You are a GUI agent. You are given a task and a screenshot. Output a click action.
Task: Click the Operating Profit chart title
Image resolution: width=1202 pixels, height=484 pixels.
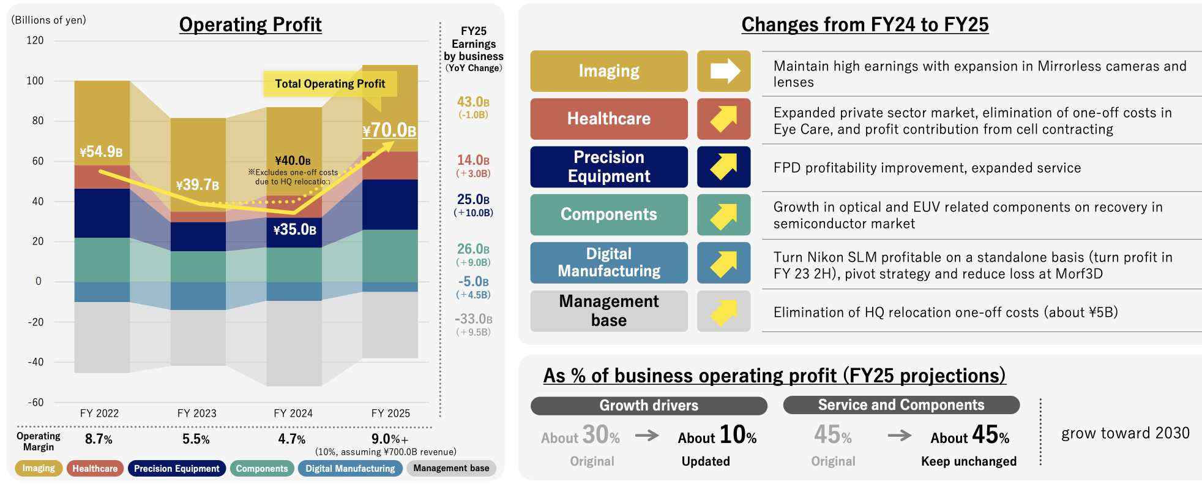click(x=250, y=25)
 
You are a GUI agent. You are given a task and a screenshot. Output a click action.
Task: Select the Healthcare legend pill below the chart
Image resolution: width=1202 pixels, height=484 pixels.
click(x=95, y=469)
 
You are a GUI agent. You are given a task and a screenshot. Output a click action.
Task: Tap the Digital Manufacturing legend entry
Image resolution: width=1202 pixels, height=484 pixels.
click(x=350, y=469)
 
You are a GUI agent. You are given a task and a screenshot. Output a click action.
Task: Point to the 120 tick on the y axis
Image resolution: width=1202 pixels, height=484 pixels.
click(x=35, y=40)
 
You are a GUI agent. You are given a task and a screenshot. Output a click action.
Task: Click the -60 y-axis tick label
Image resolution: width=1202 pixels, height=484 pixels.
click(x=35, y=403)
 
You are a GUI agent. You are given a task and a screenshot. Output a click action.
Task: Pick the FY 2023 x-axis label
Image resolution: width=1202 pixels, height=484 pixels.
click(x=196, y=414)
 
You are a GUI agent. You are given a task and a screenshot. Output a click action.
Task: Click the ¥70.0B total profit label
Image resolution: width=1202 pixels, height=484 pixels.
click(x=389, y=130)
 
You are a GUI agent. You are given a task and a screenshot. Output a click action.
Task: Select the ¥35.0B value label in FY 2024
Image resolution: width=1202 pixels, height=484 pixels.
click(x=294, y=230)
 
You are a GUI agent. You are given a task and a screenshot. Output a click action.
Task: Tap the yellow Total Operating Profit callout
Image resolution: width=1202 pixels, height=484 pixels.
click(x=330, y=84)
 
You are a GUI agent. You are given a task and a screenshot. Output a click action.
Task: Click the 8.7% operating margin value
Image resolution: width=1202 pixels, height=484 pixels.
click(x=99, y=439)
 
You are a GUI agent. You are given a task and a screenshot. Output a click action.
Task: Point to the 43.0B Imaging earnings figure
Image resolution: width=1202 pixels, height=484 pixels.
click(x=473, y=102)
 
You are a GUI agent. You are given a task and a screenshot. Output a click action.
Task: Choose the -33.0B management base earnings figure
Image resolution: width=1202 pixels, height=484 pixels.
click(x=473, y=319)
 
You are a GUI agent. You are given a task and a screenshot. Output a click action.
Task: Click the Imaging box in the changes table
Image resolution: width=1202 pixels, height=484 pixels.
click(x=609, y=71)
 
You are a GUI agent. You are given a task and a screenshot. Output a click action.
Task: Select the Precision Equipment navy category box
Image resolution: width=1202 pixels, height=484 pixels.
click(x=609, y=167)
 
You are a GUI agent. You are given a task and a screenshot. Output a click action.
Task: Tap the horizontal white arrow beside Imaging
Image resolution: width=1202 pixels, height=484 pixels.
click(x=723, y=71)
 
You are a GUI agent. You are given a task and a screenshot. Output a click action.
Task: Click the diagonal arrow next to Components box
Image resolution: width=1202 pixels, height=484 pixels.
click(x=723, y=215)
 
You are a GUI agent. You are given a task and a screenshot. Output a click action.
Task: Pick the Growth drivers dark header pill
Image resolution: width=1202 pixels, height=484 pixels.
click(x=649, y=406)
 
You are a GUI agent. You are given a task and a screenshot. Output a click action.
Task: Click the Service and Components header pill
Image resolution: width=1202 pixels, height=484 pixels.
click(x=901, y=405)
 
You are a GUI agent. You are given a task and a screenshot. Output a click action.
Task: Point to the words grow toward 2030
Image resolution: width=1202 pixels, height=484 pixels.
click(x=1125, y=434)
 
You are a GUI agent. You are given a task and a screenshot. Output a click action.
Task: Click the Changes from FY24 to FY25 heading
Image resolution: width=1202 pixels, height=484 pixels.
click(x=865, y=25)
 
